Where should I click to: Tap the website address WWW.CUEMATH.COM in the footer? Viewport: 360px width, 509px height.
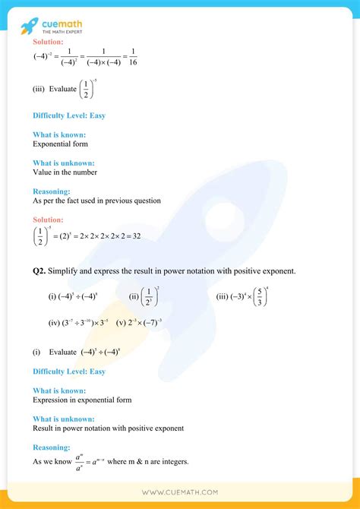pyautogui.click(x=179, y=492)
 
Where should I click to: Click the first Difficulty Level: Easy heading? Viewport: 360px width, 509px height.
pyautogui.click(x=68, y=115)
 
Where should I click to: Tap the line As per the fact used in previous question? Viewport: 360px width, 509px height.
pyautogui.click(x=96, y=201)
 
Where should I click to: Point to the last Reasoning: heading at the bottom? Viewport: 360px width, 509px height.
pyautogui.click(x=52, y=447)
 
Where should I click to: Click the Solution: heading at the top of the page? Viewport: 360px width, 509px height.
pyautogui.click(x=48, y=42)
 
